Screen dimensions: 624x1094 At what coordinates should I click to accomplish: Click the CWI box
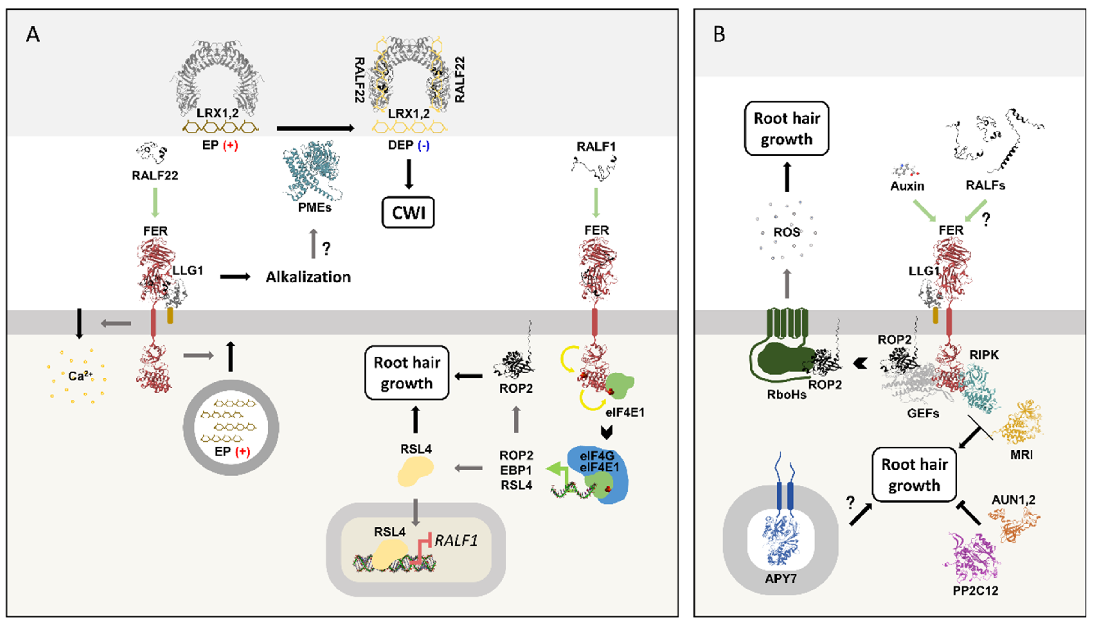click(x=408, y=212)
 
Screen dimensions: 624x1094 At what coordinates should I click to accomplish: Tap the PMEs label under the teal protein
click(x=315, y=207)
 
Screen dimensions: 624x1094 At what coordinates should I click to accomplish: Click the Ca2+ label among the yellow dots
click(x=80, y=376)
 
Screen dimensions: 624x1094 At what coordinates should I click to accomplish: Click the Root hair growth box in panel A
click(x=407, y=373)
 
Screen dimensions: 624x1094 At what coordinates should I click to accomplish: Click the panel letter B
click(x=719, y=34)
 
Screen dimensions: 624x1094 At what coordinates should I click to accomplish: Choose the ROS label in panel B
click(x=787, y=232)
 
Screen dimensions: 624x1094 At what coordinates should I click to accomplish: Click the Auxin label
click(x=907, y=186)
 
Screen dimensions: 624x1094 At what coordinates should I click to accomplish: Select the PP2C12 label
click(x=975, y=590)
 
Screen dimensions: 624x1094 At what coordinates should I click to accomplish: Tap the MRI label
click(x=1021, y=455)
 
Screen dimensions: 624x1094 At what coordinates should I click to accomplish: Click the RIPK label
click(x=984, y=355)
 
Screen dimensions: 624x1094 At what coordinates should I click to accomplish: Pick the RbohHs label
click(x=787, y=394)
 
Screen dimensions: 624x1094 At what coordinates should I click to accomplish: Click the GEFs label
click(x=923, y=414)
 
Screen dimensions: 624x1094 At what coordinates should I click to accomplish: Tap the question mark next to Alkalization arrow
click(x=326, y=249)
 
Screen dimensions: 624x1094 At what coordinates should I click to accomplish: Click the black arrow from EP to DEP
click(x=315, y=128)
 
